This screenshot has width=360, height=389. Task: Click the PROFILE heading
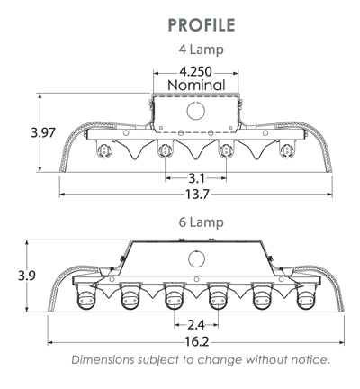pyautogui.click(x=202, y=25)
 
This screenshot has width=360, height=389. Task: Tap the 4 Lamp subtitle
pyautogui.click(x=202, y=50)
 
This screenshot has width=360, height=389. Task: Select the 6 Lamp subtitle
pyautogui.click(x=202, y=222)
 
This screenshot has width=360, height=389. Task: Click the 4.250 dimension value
pyautogui.click(x=195, y=72)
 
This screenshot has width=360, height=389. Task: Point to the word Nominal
pyautogui.click(x=196, y=86)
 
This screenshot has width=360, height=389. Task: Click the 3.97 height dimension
pyautogui.click(x=43, y=132)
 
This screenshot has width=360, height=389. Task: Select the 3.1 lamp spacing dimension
pyautogui.click(x=196, y=178)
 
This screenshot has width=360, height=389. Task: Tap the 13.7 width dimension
pyautogui.click(x=197, y=194)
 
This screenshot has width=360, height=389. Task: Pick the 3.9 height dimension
pyautogui.click(x=27, y=276)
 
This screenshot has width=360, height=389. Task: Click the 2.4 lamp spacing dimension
pyautogui.click(x=196, y=325)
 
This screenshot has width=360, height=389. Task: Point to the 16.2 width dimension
pyautogui.click(x=196, y=342)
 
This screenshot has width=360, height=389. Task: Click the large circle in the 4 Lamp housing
pyautogui.click(x=196, y=111)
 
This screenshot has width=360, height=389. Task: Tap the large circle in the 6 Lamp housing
pyautogui.click(x=196, y=258)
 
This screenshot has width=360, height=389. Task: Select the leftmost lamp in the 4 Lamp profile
pyautogui.click(x=104, y=149)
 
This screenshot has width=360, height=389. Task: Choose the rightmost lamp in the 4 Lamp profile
pyautogui.click(x=287, y=149)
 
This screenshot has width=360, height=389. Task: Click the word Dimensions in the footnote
pyautogui.click(x=103, y=359)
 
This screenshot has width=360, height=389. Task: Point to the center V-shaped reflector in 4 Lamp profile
pyautogui.click(x=195, y=150)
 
